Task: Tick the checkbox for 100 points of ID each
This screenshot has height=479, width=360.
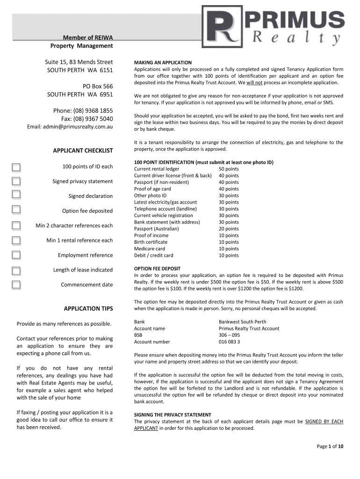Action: point(16,167)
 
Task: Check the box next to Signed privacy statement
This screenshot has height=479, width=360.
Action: point(16,181)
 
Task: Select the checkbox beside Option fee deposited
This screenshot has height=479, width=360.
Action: point(16,210)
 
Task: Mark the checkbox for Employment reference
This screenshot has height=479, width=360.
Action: point(16,255)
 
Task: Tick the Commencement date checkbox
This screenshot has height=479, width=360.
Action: point(16,284)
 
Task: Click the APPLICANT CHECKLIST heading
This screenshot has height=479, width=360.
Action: point(83,151)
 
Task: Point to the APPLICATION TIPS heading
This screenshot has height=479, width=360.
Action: point(88,309)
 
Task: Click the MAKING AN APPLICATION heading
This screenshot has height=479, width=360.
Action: point(163,63)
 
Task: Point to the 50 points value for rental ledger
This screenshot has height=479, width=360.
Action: point(229,169)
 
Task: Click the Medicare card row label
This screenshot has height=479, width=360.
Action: point(150,249)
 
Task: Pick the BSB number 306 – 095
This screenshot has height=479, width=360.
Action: point(229,335)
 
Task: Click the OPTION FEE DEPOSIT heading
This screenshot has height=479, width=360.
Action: point(157,269)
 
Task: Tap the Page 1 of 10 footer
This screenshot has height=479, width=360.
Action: point(330,446)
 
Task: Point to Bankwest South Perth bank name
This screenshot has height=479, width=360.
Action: point(242,322)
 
